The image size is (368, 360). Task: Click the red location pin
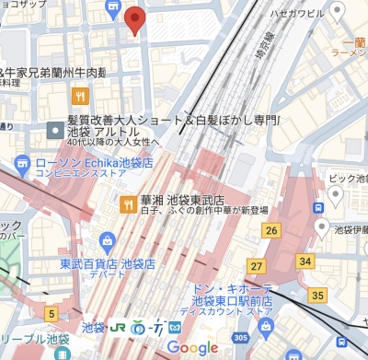134,19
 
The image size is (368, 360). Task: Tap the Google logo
192,347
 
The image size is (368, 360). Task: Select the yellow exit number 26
270,229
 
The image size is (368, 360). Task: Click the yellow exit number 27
257,266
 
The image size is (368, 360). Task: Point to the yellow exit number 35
318,295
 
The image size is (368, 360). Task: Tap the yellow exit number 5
51,315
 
